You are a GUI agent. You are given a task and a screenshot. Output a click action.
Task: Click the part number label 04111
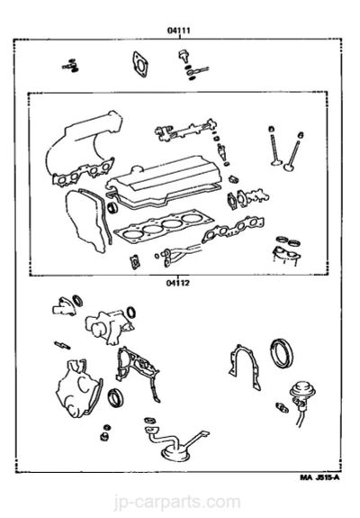179,31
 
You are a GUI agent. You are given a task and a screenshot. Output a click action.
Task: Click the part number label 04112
178,283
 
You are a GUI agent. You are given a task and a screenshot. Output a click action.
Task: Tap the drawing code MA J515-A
319,477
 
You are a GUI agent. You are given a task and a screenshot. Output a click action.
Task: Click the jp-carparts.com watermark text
177,503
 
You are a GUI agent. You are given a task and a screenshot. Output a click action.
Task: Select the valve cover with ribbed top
163,182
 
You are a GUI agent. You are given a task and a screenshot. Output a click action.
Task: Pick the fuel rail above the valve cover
185,131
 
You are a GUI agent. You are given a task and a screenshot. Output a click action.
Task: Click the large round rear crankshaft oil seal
282,353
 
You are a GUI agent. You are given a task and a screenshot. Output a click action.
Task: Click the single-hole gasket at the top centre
139,65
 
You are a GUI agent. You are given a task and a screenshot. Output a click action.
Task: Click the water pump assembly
109,325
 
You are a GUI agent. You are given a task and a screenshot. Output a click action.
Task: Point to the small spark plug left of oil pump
62,345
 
